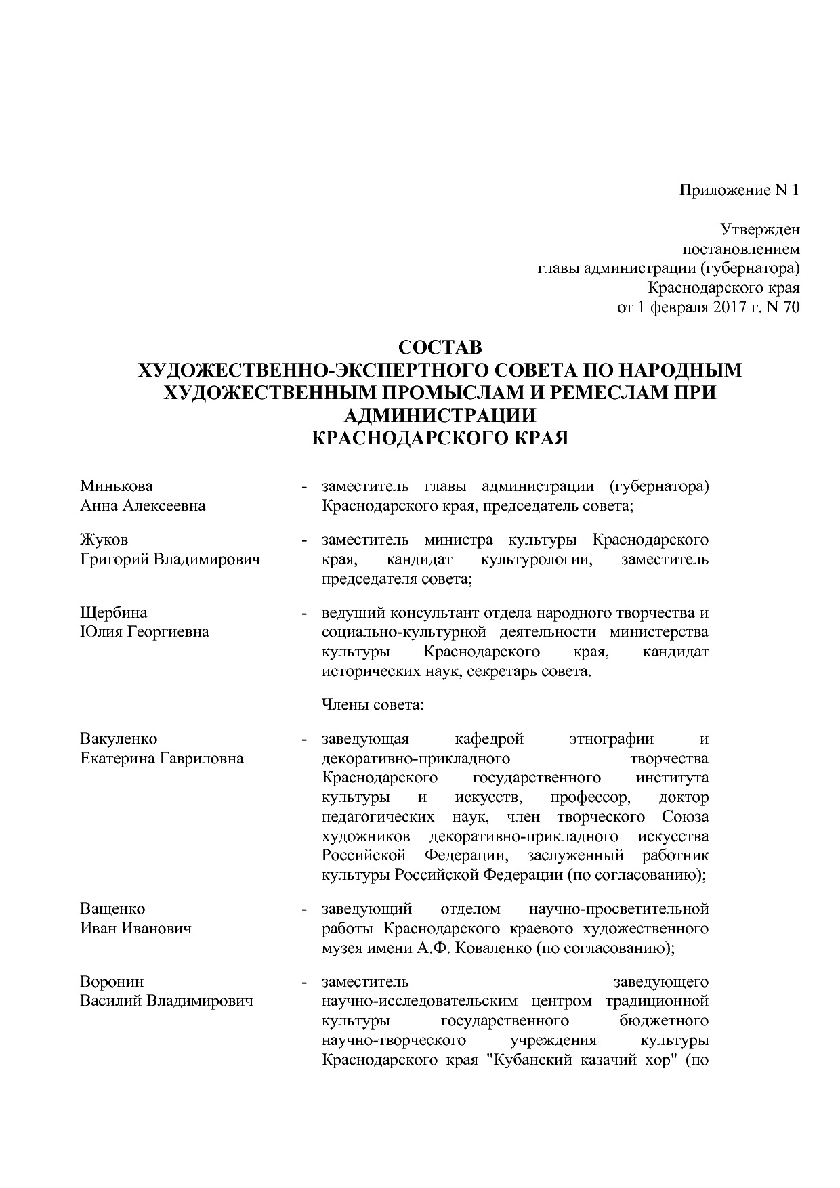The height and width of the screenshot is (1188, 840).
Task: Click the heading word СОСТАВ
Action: [440, 347]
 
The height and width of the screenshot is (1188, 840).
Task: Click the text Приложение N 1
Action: [740, 190]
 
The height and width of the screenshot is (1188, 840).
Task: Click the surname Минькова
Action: [117, 486]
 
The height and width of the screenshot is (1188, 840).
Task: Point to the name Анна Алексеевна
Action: [143, 505]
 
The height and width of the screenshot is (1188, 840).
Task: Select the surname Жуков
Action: [104, 540]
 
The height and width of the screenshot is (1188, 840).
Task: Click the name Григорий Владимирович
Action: [170, 559]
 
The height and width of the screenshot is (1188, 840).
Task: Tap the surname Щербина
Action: [113, 612]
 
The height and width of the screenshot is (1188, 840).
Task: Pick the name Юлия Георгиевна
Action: [144, 631]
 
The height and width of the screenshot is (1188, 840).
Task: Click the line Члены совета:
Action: [373, 704]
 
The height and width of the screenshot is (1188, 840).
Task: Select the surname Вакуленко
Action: [119, 738]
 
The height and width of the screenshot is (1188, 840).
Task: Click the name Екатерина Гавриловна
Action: [162, 758]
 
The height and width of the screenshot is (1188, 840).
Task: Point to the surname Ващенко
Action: [112, 908]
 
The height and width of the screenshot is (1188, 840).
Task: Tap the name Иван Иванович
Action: [135, 928]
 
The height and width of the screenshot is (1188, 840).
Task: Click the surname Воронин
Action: [112, 981]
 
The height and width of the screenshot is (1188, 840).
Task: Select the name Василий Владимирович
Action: [167, 1000]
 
